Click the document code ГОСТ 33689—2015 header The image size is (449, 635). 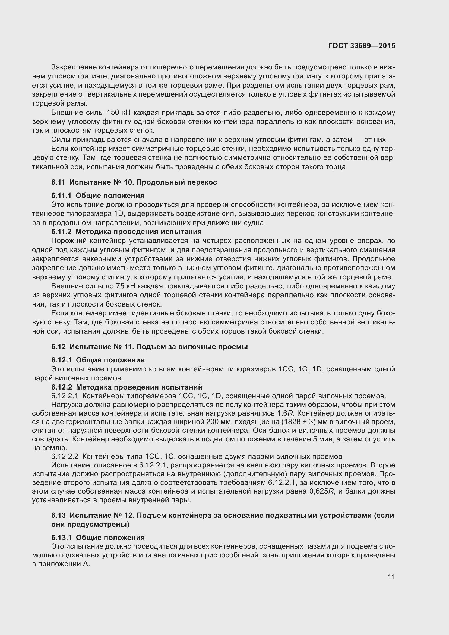click(362, 46)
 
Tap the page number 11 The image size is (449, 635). click(391, 577)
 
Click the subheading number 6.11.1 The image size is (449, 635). click(61, 195)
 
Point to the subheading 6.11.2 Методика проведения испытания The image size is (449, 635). click(126, 232)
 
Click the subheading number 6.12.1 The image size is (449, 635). click(61, 360)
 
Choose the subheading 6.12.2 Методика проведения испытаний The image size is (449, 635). click(127, 387)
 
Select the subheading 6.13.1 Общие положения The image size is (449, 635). click(98, 537)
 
